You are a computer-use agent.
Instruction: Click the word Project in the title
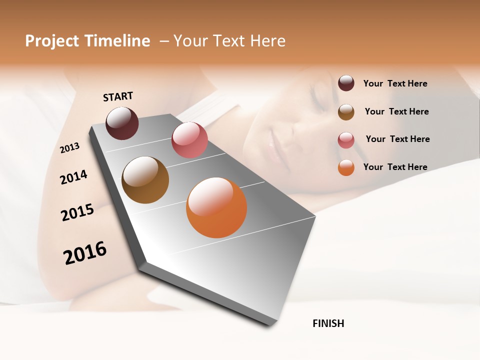tap(51, 41)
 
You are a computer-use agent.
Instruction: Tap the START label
tap(118, 96)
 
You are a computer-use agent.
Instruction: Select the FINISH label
tap(328, 323)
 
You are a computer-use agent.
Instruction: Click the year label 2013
tap(70, 147)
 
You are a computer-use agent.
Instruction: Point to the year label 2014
tap(74, 177)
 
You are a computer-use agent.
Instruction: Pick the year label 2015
tap(77, 212)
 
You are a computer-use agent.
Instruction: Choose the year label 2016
tap(85, 253)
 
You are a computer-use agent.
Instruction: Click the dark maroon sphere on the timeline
tap(122, 123)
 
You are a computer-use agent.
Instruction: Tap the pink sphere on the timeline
tap(189, 140)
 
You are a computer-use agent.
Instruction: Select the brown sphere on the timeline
tap(145, 180)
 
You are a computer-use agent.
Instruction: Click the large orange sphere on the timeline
tap(216, 207)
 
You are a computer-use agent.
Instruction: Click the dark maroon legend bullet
tap(346, 83)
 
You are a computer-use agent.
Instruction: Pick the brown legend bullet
tap(346, 112)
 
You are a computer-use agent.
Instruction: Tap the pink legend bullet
tap(346, 140)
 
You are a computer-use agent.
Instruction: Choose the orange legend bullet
tap(346, 168)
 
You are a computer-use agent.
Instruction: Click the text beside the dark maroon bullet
tap(395, 83)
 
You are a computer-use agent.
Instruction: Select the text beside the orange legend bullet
tap(395, 167)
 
